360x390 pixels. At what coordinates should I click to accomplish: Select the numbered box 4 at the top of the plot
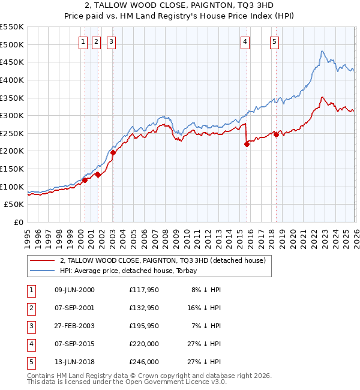[245, 41]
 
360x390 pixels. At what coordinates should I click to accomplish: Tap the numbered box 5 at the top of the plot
[274, 41]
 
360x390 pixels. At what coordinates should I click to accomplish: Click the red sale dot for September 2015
[247, 144]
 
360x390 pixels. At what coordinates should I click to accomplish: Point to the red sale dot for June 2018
[276, 134]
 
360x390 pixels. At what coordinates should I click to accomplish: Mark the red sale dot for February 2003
[113, 152]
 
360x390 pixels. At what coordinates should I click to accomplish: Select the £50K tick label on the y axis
[14, 205]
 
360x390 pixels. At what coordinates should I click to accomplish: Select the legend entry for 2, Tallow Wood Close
[166, 260]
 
